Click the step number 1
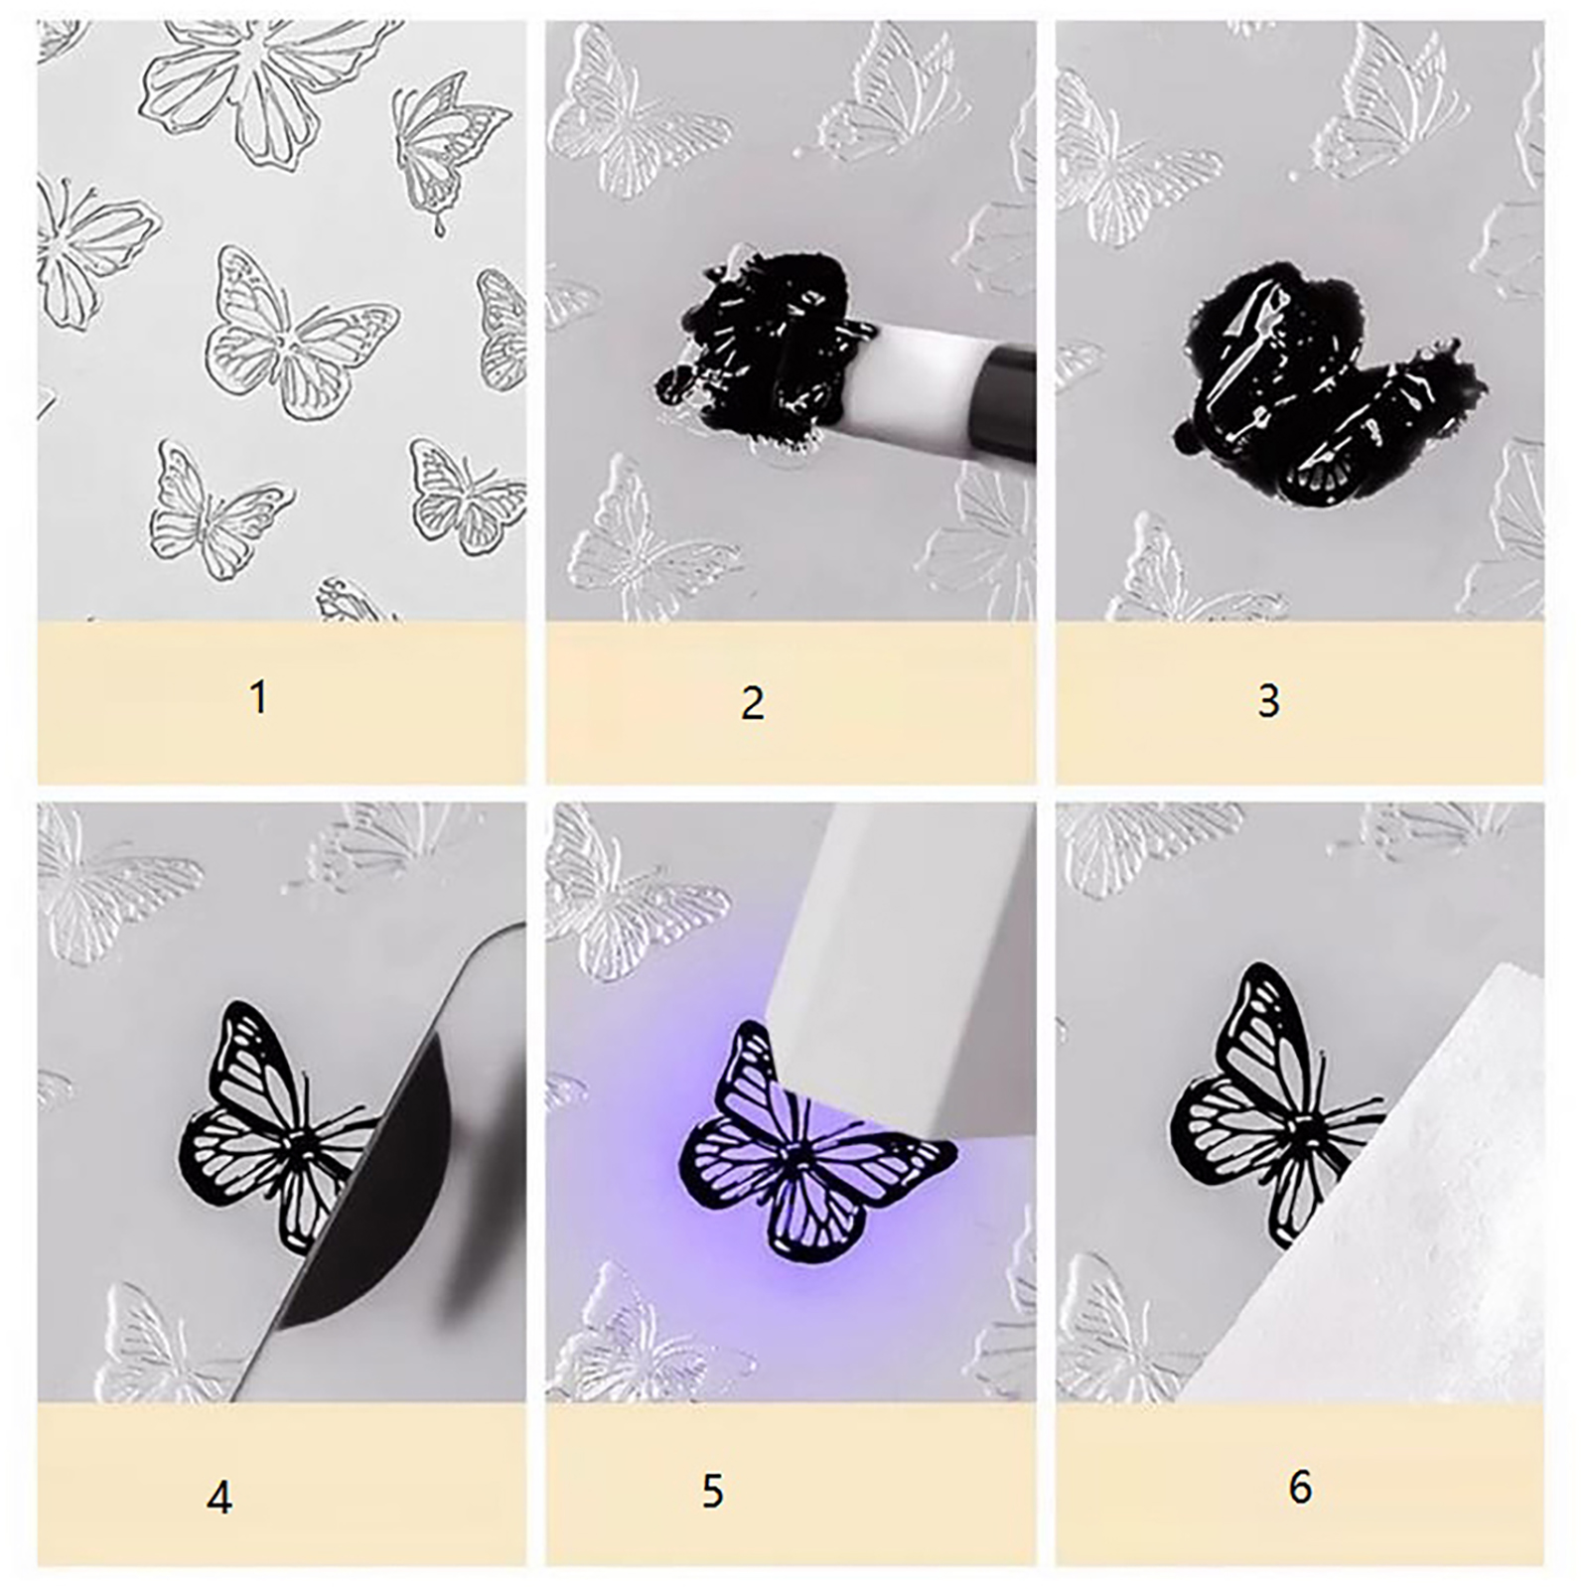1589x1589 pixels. (259, 697)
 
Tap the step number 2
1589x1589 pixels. (753, 703)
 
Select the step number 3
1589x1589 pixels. (1268, 701)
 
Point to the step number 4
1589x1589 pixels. (219, 1498)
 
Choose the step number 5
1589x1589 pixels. (713, 1492)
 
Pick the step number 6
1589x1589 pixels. (1300, 1488)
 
